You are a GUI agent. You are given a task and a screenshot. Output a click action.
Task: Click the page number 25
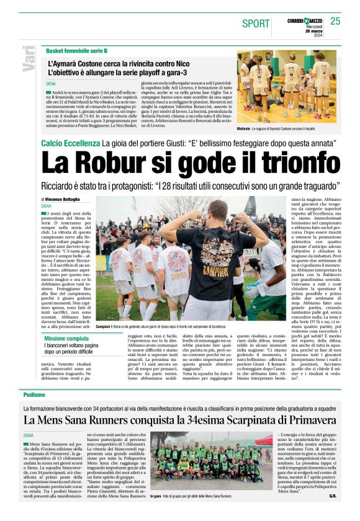(335, 21)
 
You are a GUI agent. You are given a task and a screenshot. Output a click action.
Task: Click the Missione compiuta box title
(70, 339)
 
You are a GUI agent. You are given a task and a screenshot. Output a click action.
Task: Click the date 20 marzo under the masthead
(314, 31)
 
